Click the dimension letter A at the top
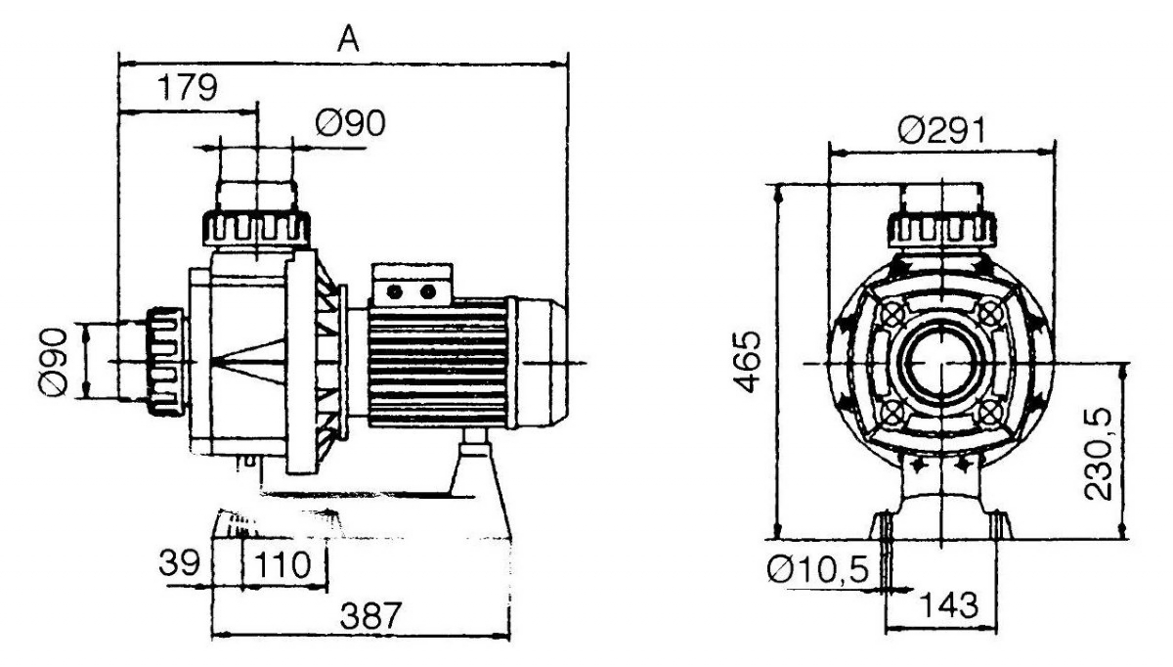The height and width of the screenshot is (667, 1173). click(x=348, y=39)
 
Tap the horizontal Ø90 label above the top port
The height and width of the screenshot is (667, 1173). click(x=350, y=123)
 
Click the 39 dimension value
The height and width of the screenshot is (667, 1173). click(x=179, y=562)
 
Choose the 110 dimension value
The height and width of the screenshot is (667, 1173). click(x=282, y=565)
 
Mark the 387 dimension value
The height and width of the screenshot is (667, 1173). click(x=370, y=615)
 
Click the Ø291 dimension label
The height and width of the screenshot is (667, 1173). click(x=941, y=129)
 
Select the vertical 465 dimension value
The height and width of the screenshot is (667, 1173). click(x=747, y=362)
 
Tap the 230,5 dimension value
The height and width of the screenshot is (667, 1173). click(x=1098, y=454)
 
